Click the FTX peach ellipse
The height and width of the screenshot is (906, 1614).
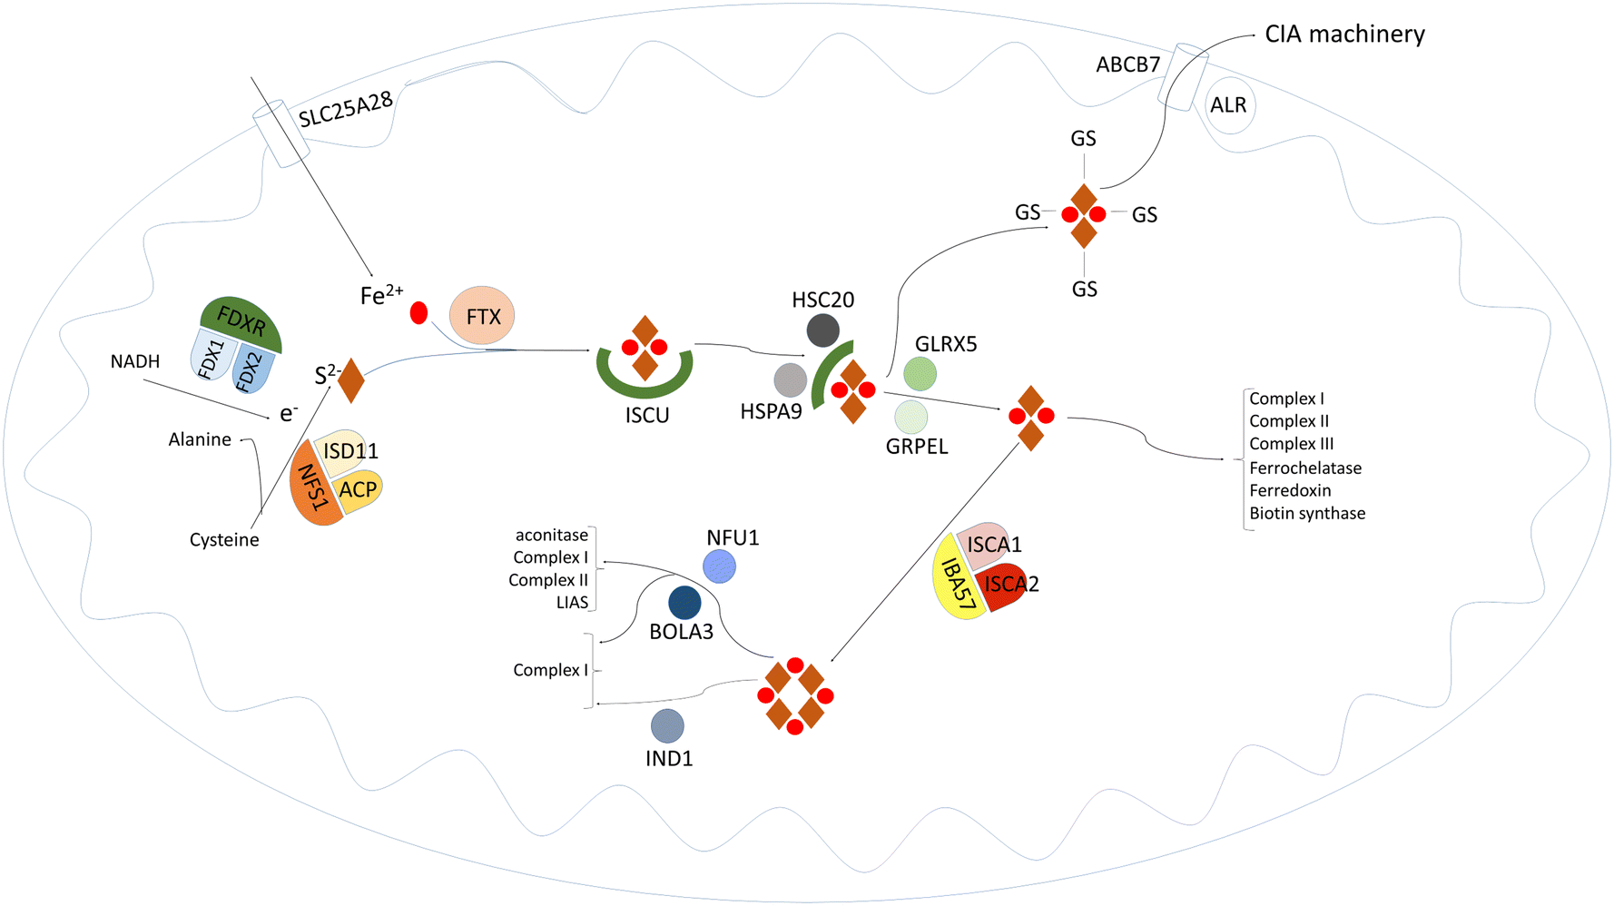click(482, 316)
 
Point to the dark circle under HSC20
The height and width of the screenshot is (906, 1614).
click(822, 330)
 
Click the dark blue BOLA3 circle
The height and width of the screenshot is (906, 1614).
click(684, 602)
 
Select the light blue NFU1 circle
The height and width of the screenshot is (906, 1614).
click(720, 566)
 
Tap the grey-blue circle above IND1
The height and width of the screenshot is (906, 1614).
click(667, 726)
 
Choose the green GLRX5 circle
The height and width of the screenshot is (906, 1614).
click(920, 373)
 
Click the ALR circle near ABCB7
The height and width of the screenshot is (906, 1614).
click(1228, 105)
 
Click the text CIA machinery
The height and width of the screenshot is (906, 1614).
click(1344, 34)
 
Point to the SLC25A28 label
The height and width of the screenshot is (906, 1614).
click(346, 110)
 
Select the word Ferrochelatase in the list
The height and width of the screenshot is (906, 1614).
click(1304, 468)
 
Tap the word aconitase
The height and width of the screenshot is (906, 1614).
click(551, 536)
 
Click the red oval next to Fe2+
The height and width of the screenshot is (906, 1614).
click(418, 313)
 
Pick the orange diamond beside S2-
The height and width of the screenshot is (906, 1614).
click(351, 381)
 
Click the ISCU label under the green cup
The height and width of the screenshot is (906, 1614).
click(646, 416)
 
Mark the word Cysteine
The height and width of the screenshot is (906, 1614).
click(224, 540)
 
